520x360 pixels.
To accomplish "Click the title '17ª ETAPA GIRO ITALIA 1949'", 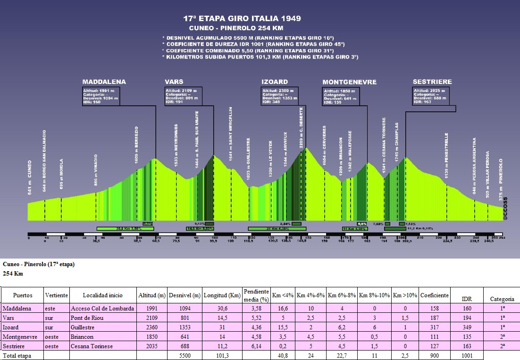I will [x=242, y=19].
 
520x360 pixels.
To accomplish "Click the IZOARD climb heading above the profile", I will [x=274, y=82].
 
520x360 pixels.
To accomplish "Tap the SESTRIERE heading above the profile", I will [x=432, y=82].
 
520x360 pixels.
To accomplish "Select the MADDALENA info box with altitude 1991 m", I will [x=101, y=96].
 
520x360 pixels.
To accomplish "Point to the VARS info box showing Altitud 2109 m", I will [x=183, y=96].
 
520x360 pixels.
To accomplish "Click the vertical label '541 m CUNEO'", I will [x=30, y=176].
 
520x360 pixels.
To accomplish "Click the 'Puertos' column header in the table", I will [x=23, y=295].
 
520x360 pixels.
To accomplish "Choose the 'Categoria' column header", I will [x=502, y=299].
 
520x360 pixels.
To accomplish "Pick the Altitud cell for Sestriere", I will [x=152, y=346].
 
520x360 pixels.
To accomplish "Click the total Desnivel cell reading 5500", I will [x=185, y=355].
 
